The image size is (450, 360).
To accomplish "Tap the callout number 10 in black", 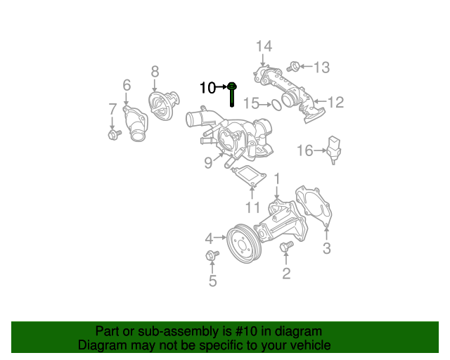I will [x=208, y=88].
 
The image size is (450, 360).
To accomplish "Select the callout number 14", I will [x=263, y=46].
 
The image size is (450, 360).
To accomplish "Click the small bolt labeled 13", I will [x=295, y=67].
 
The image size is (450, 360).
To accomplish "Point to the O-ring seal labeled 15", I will [x=278, y=105].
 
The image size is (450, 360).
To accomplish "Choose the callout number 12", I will [x=335, y=103].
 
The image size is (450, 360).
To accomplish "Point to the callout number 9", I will [x=208, y=163].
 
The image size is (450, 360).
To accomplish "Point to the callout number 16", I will [x=304, y=150].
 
